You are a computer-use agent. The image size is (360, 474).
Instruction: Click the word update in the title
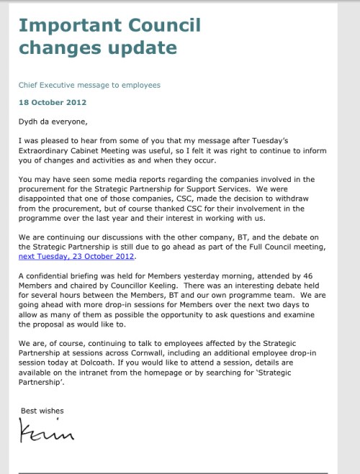[142, 49]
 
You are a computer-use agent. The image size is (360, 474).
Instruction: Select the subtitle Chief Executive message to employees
[89, 85]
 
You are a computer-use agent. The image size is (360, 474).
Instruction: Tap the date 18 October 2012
[53, 102]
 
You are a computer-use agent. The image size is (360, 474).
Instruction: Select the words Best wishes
[42, 411]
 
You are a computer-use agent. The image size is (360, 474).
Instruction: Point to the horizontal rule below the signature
[173, 473]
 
